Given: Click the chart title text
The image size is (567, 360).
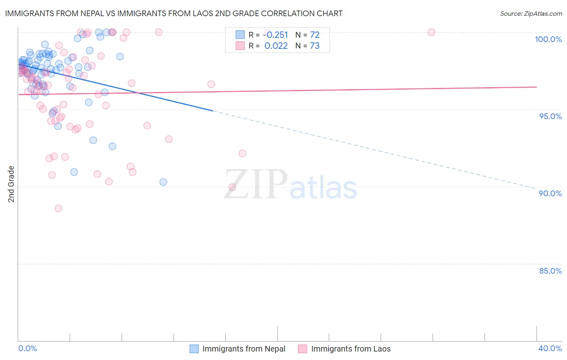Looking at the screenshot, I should pos(173,13).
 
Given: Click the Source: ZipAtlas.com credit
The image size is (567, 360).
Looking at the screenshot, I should pos(531,14).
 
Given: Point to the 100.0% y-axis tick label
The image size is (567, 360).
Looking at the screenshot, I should pos(548,39).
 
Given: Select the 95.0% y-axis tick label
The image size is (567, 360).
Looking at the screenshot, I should pos(550,116).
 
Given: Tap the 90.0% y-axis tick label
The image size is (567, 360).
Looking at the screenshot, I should pos(550,193).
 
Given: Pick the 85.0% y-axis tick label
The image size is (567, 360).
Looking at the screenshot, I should pos(550,271).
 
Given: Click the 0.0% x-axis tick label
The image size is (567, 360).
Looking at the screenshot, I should pos(27,348).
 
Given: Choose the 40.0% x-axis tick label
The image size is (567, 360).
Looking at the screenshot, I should pos(550,348).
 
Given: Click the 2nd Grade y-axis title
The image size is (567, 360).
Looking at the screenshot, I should pos(11,184).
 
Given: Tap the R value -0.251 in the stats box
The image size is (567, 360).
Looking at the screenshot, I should pos(275,35).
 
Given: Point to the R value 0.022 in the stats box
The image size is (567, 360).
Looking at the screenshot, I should pos(276,46).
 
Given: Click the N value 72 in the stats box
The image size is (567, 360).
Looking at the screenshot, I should pos(315,35).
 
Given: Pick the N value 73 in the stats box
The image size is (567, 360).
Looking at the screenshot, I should pos(315,46).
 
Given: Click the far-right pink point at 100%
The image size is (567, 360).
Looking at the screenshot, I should pos(432,32).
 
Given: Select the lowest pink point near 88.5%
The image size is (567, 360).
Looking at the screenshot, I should pos(58,208).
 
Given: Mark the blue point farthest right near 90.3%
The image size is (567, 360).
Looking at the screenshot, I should pos(163,182).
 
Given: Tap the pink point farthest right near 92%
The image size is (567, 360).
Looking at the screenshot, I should pos(242,153).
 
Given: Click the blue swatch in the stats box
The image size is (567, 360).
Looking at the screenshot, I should pos(240,35).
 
